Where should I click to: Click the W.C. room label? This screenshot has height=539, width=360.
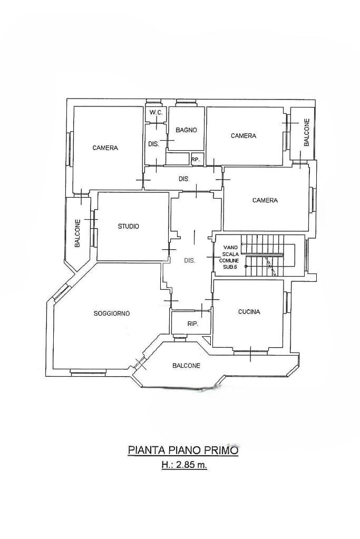(x=156, y=113)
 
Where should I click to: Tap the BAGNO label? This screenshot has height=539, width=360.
(x=186, y=130)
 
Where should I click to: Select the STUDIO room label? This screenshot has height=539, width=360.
(x=128, y=226)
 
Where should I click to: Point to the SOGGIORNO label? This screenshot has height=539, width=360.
(x=112, y=313)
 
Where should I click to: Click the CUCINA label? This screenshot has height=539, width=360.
(x=249, y=312)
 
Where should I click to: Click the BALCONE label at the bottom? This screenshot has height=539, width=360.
(x=186, y=366)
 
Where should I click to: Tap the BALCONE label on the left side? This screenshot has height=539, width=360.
(x=77, y=233)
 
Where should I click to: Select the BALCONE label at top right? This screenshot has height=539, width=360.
(x=307, y=132)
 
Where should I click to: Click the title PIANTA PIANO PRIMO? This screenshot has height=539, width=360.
(x=183, y=450)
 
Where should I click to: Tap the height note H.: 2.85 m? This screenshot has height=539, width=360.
(x=184, y=465)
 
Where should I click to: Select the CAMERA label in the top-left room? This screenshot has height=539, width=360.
(x=105, y=148)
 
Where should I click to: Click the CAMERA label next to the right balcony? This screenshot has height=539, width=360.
(x=244, y=136)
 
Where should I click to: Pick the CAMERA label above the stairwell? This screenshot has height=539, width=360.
(x=265, y=200)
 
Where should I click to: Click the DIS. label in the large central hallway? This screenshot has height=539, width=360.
(x=189, y=261)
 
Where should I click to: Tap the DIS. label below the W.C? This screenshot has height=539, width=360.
(x=154, y=144)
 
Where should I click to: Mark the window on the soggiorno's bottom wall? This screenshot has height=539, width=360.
(x=88, y=370)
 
